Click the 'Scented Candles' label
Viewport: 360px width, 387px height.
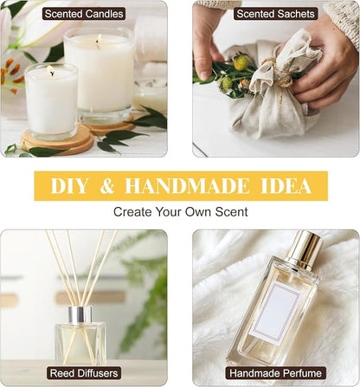(84, 14)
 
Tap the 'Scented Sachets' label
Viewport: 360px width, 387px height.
(275, 14)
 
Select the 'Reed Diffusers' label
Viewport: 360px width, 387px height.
(84, 373)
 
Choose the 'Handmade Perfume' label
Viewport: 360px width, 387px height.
(275, 373)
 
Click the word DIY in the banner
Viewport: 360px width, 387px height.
(69, 186)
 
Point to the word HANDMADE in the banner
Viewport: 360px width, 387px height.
(187, 186)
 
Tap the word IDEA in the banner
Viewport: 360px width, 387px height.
(286, 186)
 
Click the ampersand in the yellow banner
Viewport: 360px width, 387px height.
(107, 186)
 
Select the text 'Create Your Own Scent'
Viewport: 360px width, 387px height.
(181, 212)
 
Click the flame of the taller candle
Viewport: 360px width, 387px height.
(99, 38)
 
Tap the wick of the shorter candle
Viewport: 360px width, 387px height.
(52, 74)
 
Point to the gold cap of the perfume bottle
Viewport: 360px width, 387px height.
(305, 249)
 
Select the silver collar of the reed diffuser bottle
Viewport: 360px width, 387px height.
(80, 315)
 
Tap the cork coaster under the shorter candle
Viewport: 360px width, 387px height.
(57, 142)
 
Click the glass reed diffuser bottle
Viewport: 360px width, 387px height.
(80, 340)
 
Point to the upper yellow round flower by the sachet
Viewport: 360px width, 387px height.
(241, 62)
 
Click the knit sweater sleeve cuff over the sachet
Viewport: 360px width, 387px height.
(344, 16)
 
